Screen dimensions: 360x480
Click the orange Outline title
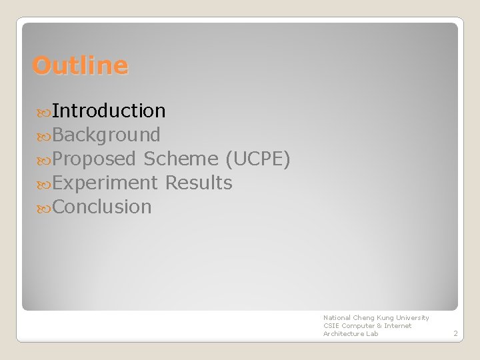click(80, 65)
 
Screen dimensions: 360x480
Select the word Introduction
click(109, 111)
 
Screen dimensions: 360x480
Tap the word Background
click(106, 135)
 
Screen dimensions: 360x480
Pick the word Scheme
click(181, 159)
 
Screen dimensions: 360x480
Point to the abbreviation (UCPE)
click(257, 159)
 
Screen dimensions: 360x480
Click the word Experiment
click(105, 183)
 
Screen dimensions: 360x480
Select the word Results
click(199, 183)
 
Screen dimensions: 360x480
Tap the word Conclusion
click(102, 207)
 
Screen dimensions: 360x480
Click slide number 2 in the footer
click(455, 333)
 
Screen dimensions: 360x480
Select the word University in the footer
click(412, 318)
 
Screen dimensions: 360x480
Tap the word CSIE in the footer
click(331, 326)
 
